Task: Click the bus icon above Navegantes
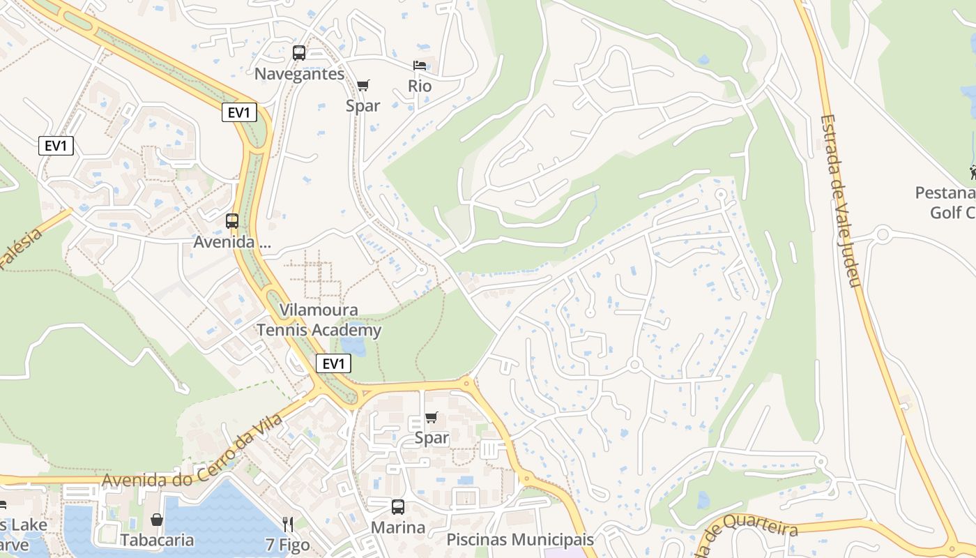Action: (x=299, y=53)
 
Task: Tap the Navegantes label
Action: (x=299, y=74)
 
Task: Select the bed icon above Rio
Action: (x=420, y=66)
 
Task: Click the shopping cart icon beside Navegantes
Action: (x=363, y=85)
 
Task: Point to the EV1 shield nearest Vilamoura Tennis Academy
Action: (x=333, y=363)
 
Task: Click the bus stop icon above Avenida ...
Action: (x=232, y=221)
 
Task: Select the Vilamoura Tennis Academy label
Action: (x=319, y=320)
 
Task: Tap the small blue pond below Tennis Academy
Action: (x=353, y=346)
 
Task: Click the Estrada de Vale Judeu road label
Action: (x=841, y=201)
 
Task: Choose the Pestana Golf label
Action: (x=948, y=202)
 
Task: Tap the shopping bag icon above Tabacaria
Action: (x=157, y=520)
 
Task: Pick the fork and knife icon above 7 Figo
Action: (x=287, y=524)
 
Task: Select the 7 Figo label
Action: (x=287, y=545)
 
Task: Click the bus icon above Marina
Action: (x=397, y=507)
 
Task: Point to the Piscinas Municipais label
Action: (x=520, y=539)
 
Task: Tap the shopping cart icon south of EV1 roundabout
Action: (x=432, y=417)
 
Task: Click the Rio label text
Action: (x=420, y=86)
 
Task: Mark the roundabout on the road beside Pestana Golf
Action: (x=883, y=234)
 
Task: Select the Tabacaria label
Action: (x=157, y=541)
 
